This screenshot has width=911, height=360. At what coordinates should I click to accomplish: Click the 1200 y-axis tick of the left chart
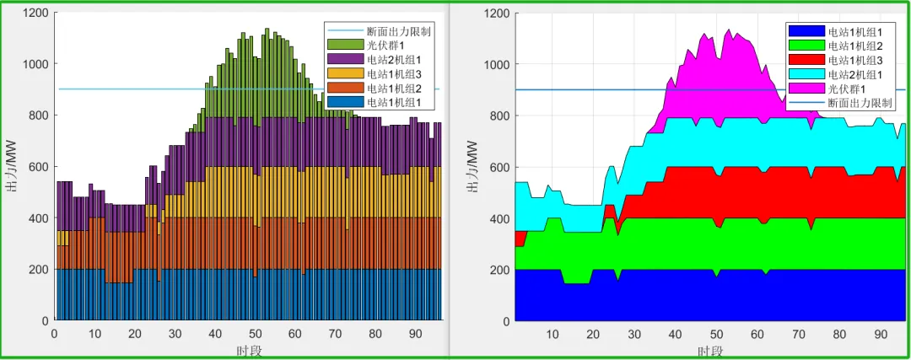(35, 13)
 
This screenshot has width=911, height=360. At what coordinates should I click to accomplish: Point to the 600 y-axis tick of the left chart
(39, 167)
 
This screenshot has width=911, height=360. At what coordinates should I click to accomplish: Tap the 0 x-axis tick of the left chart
(55, 334)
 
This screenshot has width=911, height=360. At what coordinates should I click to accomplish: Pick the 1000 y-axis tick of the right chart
(496, 65)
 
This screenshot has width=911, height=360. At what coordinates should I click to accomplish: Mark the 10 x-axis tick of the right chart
(553, 335)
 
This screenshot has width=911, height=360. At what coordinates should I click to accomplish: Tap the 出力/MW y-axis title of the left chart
(12, 167)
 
